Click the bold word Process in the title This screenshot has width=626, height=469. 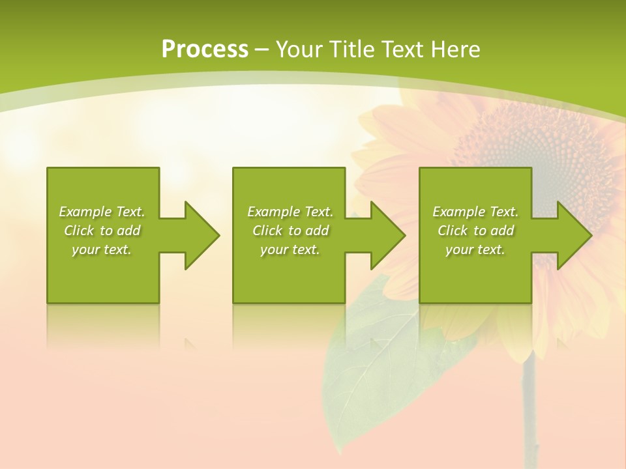coord(205,49)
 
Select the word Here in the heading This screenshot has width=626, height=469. coord(453,49)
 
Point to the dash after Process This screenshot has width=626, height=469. coord(261,50)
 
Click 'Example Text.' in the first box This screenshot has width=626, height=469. coord(102,212)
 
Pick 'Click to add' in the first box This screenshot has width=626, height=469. coord(102,231)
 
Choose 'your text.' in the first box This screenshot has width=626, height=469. coord(102,249)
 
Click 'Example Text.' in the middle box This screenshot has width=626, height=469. coord(290,212)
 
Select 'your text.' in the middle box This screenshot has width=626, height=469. coord(290,249)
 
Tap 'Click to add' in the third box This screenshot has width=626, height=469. coord(476,231)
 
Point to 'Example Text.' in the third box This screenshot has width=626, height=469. coord(475,212)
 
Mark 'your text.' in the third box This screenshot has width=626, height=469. coord(475,249)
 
